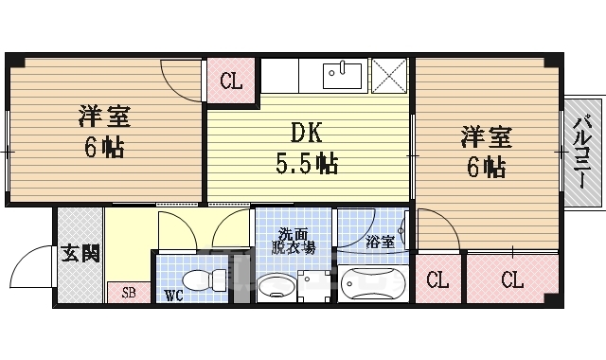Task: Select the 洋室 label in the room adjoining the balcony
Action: pyautogui.click(x=487, y=136)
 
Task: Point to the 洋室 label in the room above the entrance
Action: pyautogui.click(x=104, y=117)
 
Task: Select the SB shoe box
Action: pyautogui.click(x=129, y=293)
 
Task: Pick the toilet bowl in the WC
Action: pyautogui.click(x=201, y=280)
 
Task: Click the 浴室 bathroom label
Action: pyautogui.click(x=381, y=241)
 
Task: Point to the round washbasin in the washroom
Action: pyautogui.click(x=276, y=285)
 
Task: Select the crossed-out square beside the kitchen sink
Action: pyautogui.click(x=388, y=74)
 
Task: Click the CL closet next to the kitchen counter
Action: pyautogui.click(x=231, y=80)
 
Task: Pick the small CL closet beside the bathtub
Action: pyautogui.click(x=437, y=280)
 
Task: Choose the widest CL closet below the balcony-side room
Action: pyautogui.click(x=511, y=280)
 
